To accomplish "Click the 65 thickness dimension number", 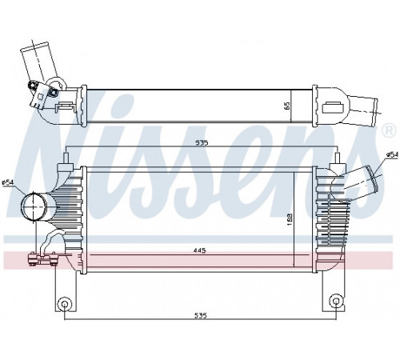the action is pyautogui.click(x=287, y=106).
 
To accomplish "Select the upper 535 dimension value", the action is pyautogui.click(x=202, y=143).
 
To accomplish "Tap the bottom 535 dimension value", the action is pyautogui.click(x=200, y=316).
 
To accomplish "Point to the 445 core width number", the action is pyautogui.click(x=200, y=250).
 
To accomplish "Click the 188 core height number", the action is pyautogui.click(x=290, y=219).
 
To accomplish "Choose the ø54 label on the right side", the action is pyautogui.click(x=392, y=154).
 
